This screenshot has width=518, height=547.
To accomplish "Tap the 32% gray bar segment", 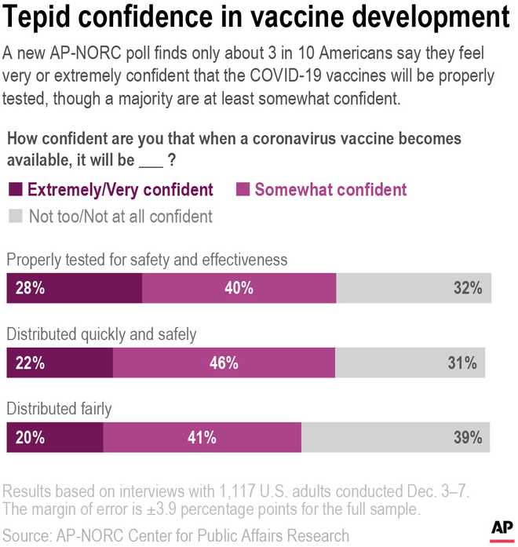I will click(414, 288).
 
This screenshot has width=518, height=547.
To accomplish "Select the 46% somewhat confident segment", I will click(224, 363).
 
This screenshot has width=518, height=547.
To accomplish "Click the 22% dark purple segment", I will click(60, 363).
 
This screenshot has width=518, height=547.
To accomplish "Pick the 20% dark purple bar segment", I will click(55, 438).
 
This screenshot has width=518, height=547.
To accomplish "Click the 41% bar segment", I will click(202, 438).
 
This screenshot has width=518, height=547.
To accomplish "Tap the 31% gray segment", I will click(410, 363).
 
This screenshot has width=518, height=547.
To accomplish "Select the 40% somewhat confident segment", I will click(239, 288).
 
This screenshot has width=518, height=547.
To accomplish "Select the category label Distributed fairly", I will click(59, 409).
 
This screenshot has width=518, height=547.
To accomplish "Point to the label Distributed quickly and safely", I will click(101, 334).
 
